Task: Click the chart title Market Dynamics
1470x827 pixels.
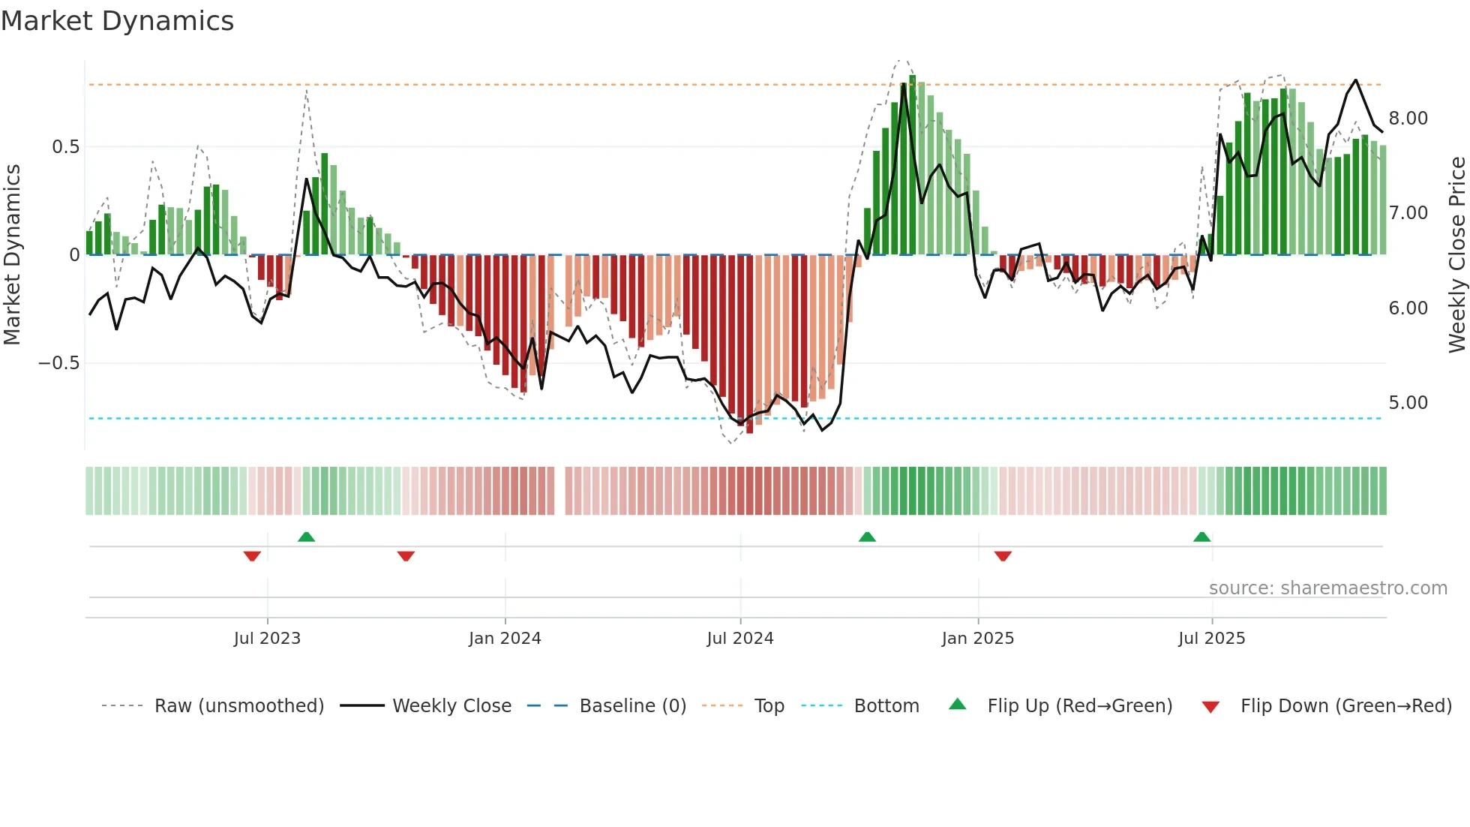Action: click(117, 21)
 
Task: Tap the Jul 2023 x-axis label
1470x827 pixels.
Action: click(267, 639)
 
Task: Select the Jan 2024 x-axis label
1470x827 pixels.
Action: click(505, 639)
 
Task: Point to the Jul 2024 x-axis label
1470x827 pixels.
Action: click(740, 639)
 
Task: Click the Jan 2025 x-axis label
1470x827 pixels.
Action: click(978, 639)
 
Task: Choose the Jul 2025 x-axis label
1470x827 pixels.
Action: click(1212, 639)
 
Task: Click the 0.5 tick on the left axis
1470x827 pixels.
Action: click(65, 147)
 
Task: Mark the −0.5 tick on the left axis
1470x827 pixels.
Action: click(58, 363)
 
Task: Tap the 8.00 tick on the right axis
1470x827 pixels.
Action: click(1408, 119)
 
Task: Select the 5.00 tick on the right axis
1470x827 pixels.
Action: click(1408, 403)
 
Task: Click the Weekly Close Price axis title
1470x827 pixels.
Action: click(1456, 255)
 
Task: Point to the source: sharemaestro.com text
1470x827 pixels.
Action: click(1327, 588)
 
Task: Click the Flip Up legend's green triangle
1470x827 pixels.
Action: click(958, 704)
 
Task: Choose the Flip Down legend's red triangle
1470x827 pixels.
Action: click(1210, 707)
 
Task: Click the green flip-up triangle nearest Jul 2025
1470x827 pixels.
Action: click(1202, 537)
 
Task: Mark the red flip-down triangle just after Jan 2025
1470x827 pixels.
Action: click(1003, 556)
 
